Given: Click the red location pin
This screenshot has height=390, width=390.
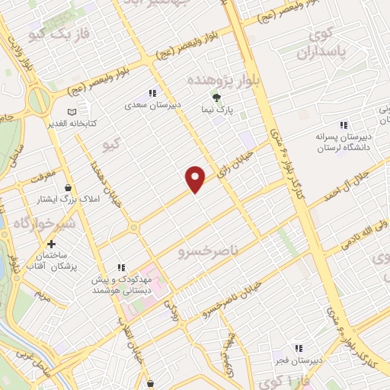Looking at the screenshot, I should pyautogui.click(x=196, y=178).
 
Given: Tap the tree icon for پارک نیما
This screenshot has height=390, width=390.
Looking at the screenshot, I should pyautogui.click(x=216, y=97).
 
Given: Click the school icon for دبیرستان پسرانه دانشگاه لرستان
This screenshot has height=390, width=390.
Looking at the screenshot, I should pyautogui.click(x=343, y=125).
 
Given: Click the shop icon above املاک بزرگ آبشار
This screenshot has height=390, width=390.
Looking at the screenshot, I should pyautogui.click(x=69, y=187).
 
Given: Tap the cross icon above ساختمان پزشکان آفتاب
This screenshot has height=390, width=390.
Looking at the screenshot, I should pyautogui.click(x=51, y=245).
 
